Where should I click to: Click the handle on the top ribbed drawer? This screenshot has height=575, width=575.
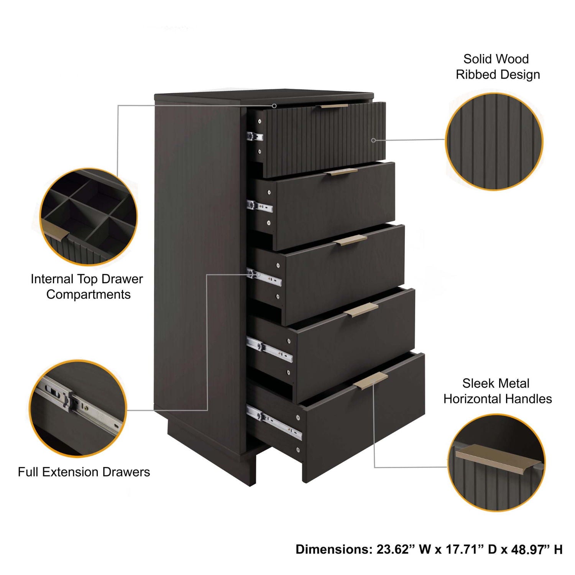point(334,106)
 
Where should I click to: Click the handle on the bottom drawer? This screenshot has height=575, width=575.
point(371,381)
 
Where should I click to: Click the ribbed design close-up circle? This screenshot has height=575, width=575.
point(494,141)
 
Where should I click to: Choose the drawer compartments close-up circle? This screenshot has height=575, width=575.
point(89,217)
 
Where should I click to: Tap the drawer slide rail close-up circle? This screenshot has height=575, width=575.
point(78,408)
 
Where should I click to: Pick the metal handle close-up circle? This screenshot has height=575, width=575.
point(496,463)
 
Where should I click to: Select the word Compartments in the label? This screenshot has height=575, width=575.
point(89,294)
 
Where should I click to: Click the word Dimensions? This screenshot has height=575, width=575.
point(333,549)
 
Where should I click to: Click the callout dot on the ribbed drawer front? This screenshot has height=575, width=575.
point(373,140)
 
